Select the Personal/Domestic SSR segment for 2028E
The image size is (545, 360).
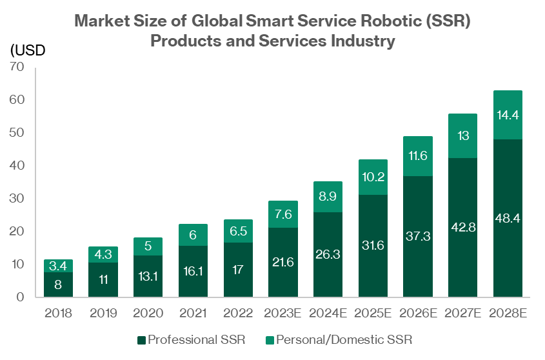tap(508, 115)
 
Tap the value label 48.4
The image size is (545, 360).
tap(508, 218)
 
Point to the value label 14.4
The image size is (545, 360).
tap(508, 115)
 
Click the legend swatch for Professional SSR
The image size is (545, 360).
tap(141, 339)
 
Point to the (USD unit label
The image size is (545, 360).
tap(28, 51)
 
